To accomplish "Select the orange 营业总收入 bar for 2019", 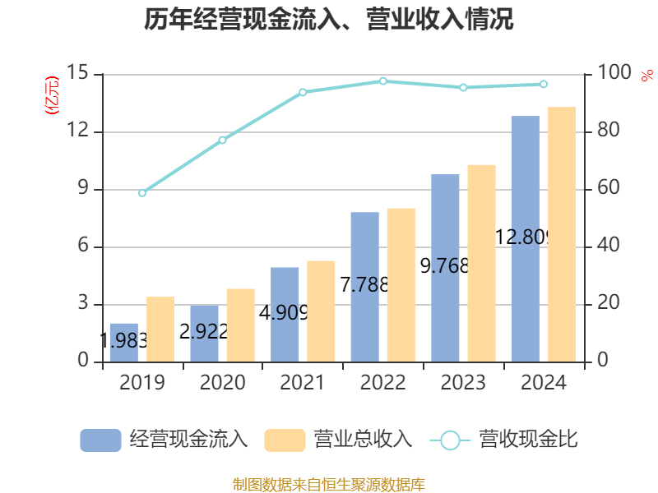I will point(160,329).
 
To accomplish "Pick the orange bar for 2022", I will point(401,284).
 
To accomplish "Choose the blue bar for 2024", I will point(525,238).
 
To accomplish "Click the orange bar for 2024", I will point(562,234).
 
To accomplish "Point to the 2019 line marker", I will point(142,193).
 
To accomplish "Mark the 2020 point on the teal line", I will point(222,140).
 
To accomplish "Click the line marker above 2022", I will point(382,81).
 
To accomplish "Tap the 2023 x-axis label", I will point(463,383).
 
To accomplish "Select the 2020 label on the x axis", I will point(222,383).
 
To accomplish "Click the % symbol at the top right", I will point(647,76).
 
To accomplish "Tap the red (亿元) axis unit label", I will point(53,95).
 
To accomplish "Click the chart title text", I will point(329,20).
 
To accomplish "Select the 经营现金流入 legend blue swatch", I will point(100,440).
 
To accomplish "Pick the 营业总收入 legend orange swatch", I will point(285,440).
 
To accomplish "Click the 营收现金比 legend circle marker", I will point(450,440).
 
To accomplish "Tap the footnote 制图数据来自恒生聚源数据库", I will point(329,484).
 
